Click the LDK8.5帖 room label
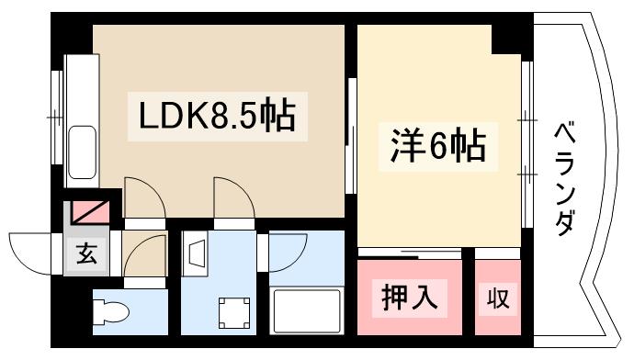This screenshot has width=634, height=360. tap(217, 117)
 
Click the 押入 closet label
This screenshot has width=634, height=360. tap(409, 298)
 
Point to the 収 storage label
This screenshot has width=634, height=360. tap(497, 298)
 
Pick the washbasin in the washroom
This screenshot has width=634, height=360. tap(197, 251)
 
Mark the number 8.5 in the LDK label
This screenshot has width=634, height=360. tap(226, 117)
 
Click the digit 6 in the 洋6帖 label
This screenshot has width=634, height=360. tap(434, 147)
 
